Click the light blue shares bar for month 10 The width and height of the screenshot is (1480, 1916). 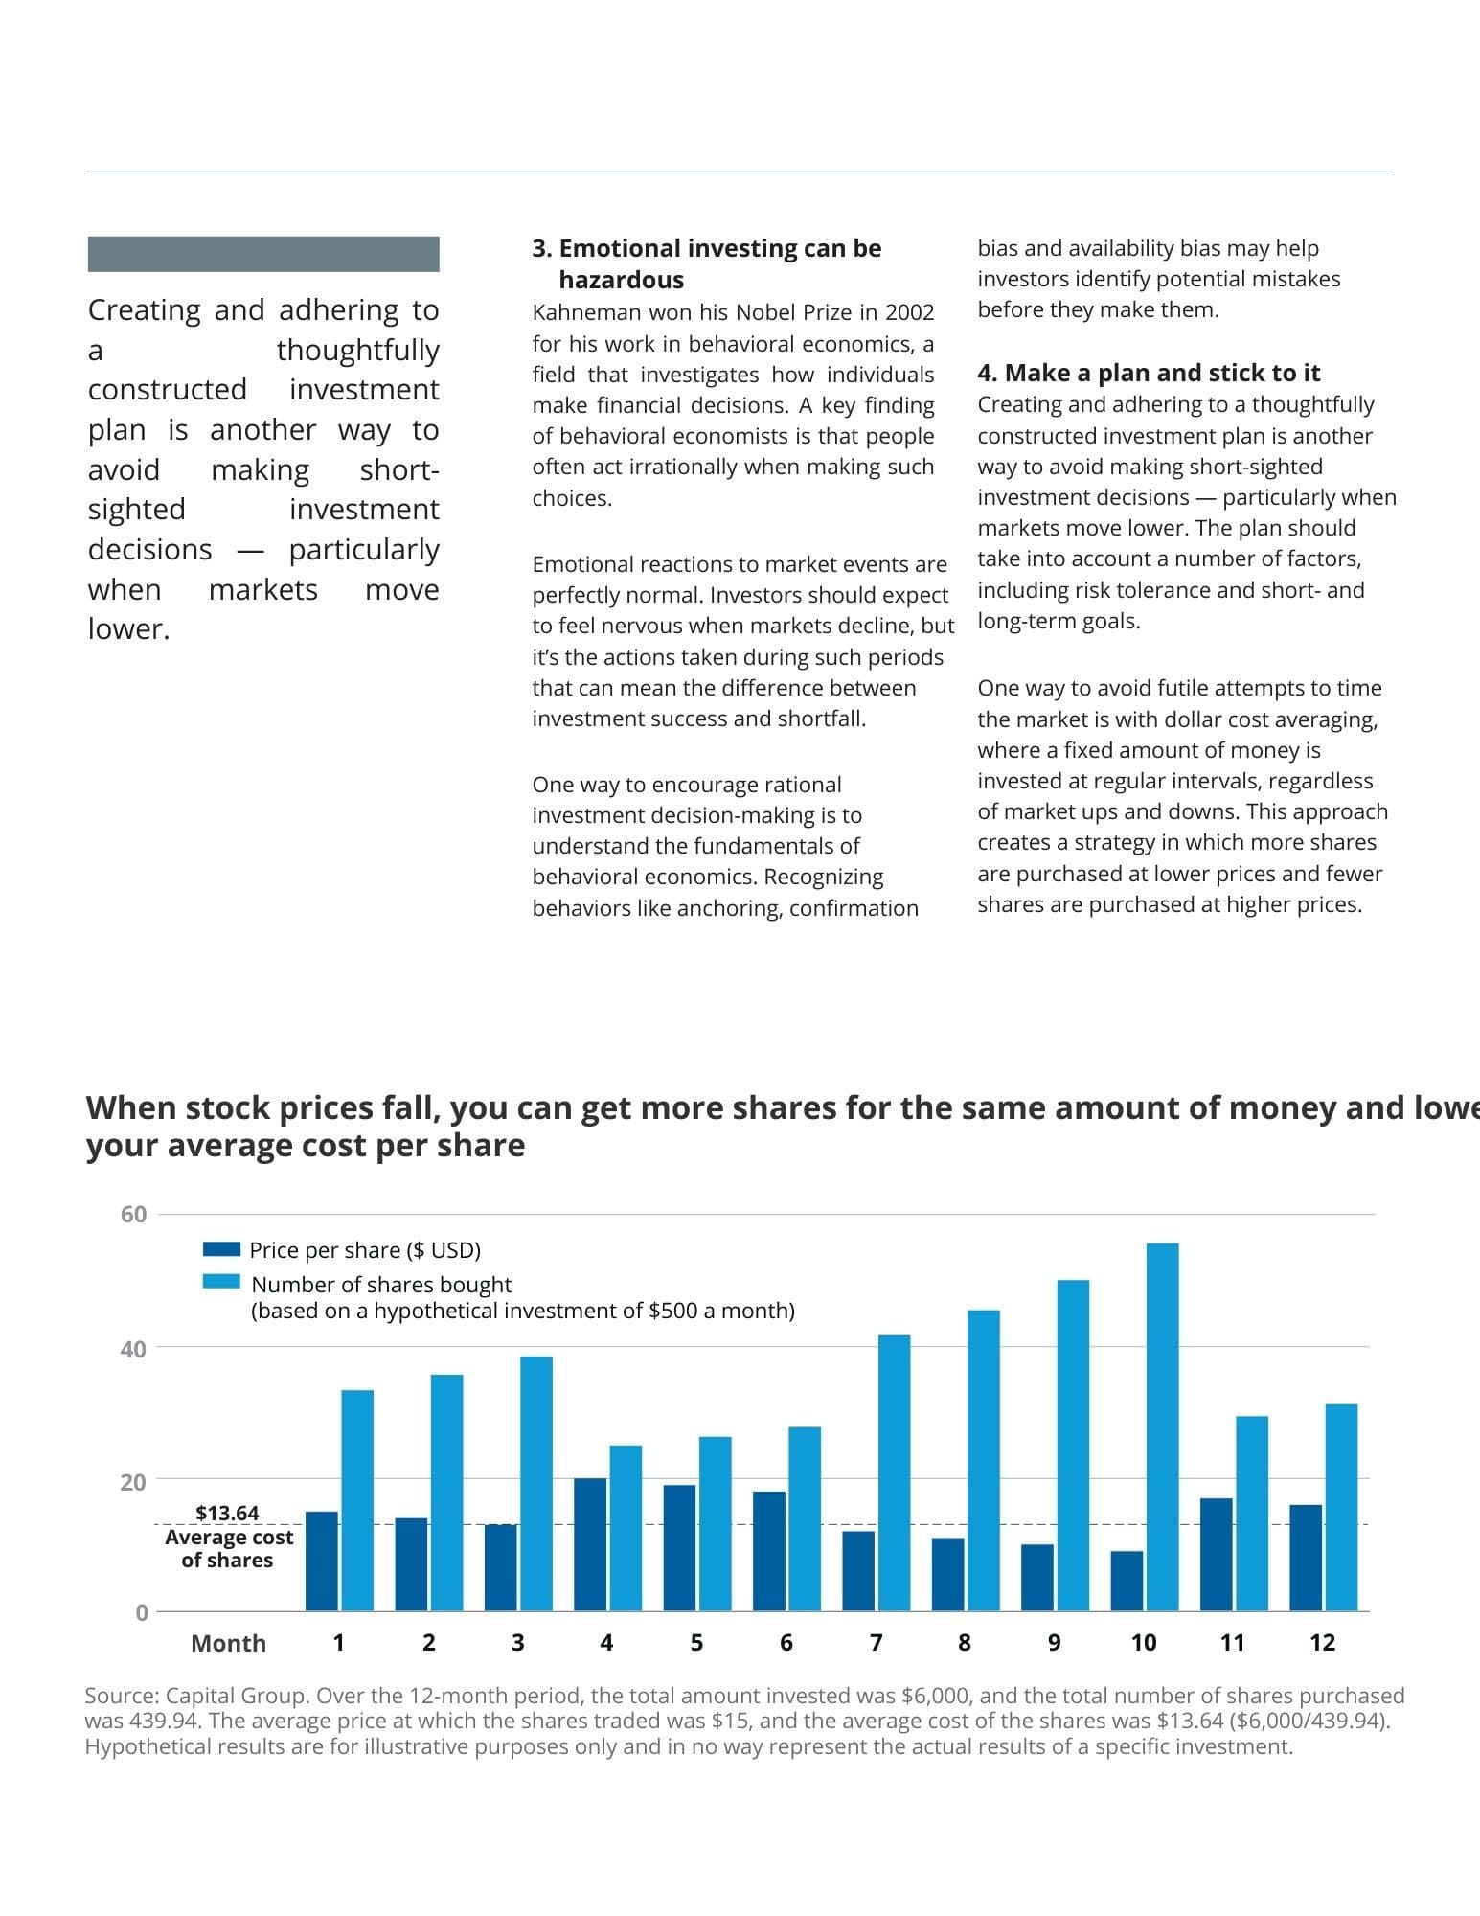coord(1162,1426)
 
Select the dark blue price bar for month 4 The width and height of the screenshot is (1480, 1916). coord(590,1544)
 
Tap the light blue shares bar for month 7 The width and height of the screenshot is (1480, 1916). coord(894,1472)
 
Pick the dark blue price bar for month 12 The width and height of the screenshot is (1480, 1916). coord(1306,1558)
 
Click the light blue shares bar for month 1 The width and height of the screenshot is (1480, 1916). coord(357,1500)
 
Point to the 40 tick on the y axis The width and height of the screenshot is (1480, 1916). coord(133,1349)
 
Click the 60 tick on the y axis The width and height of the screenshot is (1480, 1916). coord(133,1215)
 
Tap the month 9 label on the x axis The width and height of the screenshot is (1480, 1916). coord(1054,1643)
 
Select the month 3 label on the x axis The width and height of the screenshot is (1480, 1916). coord(517,1643)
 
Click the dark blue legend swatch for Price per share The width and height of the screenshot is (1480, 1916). coord(221,1249)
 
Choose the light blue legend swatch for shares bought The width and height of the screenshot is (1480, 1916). coord(221,1282)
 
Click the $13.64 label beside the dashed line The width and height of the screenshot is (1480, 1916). coord(227,1513)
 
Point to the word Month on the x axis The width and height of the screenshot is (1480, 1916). coord(228,1644)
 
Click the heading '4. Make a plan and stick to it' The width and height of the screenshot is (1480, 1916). coord(1149,373)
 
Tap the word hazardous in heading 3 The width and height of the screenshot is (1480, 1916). coord(622,280)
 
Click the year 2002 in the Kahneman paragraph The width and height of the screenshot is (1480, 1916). coord(909,312)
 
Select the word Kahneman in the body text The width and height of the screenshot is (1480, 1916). coord(581,312)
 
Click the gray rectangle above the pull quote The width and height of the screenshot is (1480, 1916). coord(263,254)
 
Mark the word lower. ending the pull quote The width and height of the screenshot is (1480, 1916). coord(129,629)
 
